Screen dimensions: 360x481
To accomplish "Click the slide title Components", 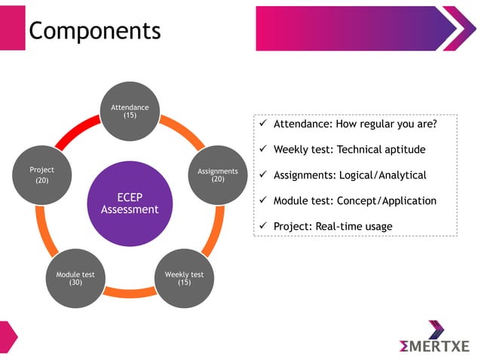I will click(94, 30).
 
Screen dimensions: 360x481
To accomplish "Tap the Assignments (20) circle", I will click(217, 175).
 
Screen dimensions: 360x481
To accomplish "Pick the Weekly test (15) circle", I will click(184, 278).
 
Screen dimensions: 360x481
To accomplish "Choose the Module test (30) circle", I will click(75, 278).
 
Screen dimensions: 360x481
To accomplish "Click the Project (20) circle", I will click(42, 175).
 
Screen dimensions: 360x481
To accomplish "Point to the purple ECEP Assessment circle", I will click(130, 203).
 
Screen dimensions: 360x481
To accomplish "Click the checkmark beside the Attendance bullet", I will click(263, 124).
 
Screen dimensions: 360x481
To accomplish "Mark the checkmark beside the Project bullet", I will click(263, 226).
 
